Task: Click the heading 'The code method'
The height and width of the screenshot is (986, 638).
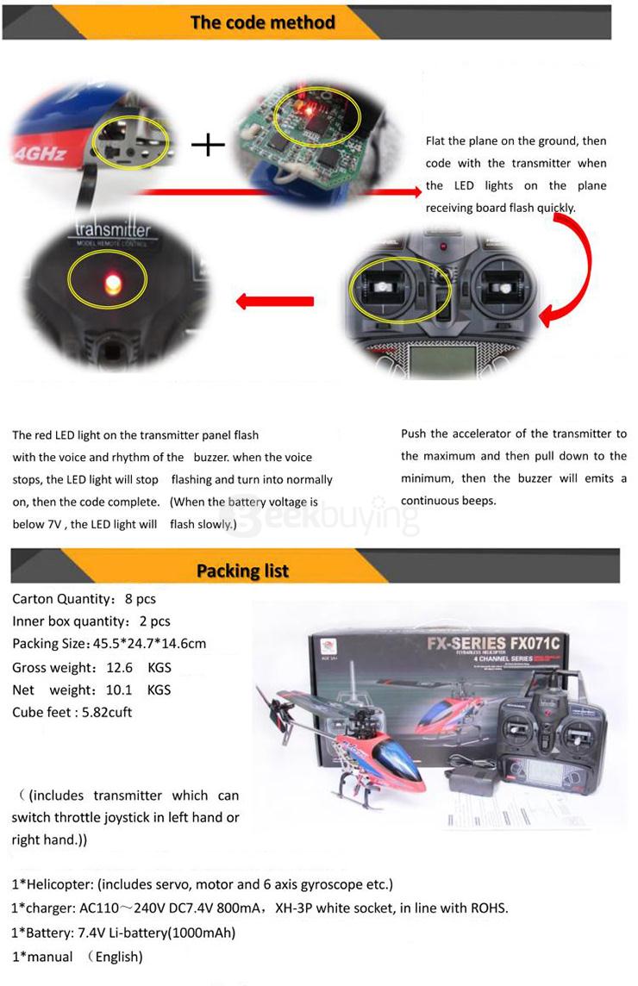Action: tap(262, 22)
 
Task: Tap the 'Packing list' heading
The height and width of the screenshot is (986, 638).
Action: tap(242, 571)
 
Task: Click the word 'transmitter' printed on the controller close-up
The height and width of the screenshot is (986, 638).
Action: tap(113, 230)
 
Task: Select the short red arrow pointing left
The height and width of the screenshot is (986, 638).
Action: tap(275, 302)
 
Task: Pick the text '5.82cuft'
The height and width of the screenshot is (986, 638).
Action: tap(105, 712)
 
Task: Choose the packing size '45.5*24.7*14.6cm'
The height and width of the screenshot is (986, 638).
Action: tap(147, 644)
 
